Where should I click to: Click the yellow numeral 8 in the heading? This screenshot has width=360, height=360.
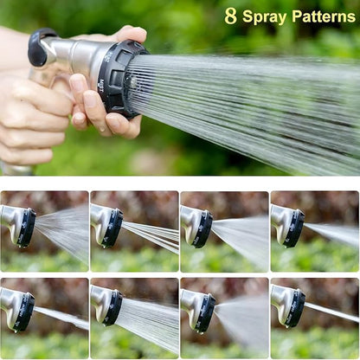coord(230,16)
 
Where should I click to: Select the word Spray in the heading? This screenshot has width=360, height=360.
coord(264,16)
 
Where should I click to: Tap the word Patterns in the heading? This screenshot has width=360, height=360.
coord(323,16)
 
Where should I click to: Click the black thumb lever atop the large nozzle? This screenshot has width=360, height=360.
coord(42,45)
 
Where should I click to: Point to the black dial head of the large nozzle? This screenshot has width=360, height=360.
coord(120,78)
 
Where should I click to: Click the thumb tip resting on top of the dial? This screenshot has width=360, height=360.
coord(132,35)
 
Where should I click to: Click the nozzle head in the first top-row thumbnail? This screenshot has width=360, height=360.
coord(26,228)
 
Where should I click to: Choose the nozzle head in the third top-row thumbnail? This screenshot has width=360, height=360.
coord(202,228)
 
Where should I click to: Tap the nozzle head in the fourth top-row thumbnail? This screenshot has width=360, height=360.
coord(293,228)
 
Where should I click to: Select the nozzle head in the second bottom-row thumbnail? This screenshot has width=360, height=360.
coord(112,308)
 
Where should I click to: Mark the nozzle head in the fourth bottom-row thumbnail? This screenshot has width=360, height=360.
coord(293,308)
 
